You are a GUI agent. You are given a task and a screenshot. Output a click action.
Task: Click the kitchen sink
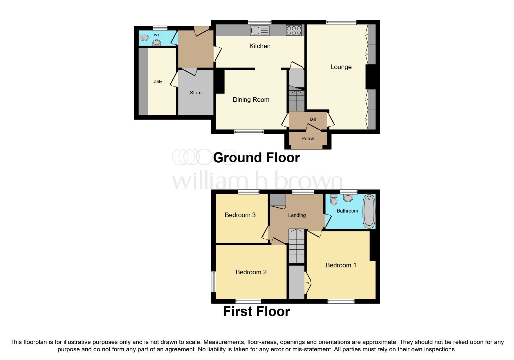click(260, 30)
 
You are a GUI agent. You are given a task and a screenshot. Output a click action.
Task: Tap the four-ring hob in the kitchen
click(294, 30)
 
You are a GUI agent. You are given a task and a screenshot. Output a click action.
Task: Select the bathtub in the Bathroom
click(369, 211)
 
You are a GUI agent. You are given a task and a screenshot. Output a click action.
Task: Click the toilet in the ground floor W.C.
click(144, 38)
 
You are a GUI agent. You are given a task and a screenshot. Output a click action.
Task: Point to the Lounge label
click(341, 67)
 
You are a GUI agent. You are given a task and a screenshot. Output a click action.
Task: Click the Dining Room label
click(251, 100)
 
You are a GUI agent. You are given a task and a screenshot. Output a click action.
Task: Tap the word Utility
click(157, 82)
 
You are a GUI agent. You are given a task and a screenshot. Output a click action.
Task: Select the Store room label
click(195, 93)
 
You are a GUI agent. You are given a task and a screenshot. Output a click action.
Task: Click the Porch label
click(308, 139)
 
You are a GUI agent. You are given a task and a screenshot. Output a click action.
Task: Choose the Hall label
click(311, 119)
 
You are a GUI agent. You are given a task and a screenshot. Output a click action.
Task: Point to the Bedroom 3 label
click(240, 215)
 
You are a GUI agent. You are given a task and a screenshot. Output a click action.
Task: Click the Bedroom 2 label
click(251, 272)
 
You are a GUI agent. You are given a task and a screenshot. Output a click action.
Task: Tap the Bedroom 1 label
click(340, 265)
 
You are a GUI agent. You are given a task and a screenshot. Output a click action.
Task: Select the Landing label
click(297, 215)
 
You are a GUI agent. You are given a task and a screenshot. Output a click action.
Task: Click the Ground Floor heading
click(256, 158)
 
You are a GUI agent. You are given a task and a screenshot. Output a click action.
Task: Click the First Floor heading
click(256, 312)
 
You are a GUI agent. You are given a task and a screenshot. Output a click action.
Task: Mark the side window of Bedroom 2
click(213, 282)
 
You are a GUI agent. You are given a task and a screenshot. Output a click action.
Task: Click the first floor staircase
click(297, 246)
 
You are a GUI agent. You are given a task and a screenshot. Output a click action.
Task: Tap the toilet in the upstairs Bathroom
click(334, 199)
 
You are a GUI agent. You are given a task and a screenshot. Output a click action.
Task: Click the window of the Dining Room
click(249, 132)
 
